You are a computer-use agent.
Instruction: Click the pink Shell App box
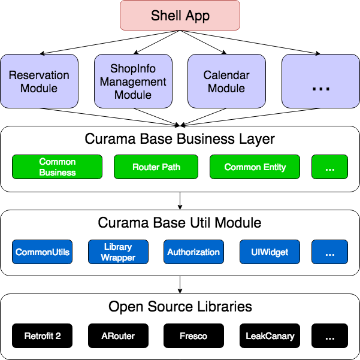(x=180, y=16)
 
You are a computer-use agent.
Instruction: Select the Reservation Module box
(x=39, y=81)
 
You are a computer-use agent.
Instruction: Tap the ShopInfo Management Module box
(x=133, y=81)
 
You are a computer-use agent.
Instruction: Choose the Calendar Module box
(x=226, y=81)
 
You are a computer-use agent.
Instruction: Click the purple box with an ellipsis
(x=320, y=81)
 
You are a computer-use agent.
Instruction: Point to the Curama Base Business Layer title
(x=180, y=139)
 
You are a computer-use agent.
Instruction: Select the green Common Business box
(x=57, y=167)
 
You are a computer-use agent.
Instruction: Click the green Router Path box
(x=156, y=167)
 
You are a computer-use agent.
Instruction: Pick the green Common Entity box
(x=255, y=167)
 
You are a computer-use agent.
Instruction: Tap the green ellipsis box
(x=329, y=167)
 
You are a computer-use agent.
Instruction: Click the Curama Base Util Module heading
(x=180, y=223)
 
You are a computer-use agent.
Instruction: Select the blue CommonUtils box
(x=42, y=252)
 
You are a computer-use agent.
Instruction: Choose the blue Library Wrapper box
(x=118, y=252)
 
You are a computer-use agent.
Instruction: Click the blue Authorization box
(x=193, y=252)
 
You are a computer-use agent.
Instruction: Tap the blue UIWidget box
(x=270, y=252)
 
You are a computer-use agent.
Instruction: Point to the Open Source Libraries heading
(x=180, y=307)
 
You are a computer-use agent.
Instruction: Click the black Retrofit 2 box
(x=42, y=336)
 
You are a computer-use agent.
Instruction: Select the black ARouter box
(x=118, y=336)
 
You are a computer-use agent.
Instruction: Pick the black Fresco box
(x=193, y=336)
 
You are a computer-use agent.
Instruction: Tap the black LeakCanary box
(x=270, y=336)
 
